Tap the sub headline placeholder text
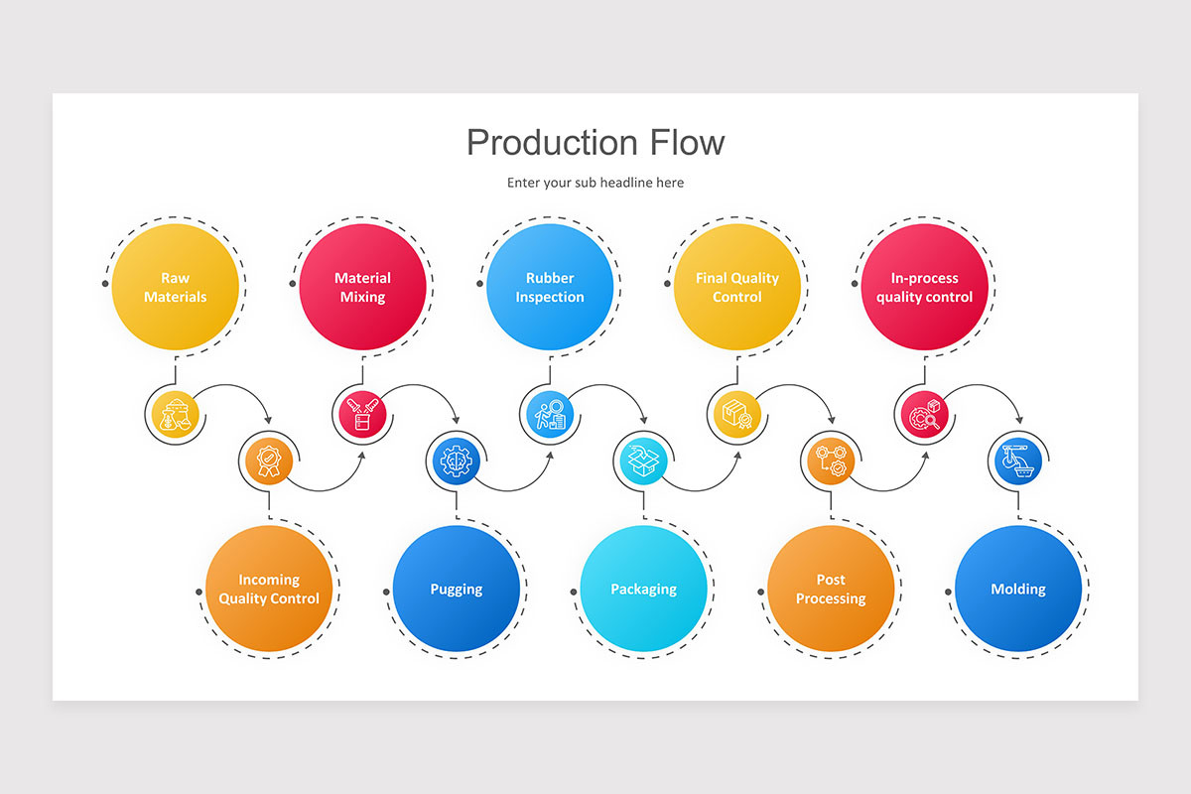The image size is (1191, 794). (x=595, y=183)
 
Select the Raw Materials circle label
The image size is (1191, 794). (x=175, y=288)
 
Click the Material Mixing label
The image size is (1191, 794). (x=362, y=288)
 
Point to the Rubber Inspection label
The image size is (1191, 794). (x=550, y=288)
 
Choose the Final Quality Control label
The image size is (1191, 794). (x=736, y=288)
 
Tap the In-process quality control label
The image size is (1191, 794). (x=924, y=288)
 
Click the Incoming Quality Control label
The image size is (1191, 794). (x=269, y=589)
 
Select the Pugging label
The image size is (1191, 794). (x=457, y=590)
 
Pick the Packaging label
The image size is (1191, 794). (x=643, y=590)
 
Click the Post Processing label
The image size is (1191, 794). (x=831, y=589)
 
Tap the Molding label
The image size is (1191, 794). (x=1018, y=590)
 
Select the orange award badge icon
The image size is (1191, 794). (x=268, y=460)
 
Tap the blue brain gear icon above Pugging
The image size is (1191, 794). (x=456, y=460)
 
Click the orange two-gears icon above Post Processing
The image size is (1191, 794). (x=831, y=460)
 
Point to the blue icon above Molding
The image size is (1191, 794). (x=1018, y=460)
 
